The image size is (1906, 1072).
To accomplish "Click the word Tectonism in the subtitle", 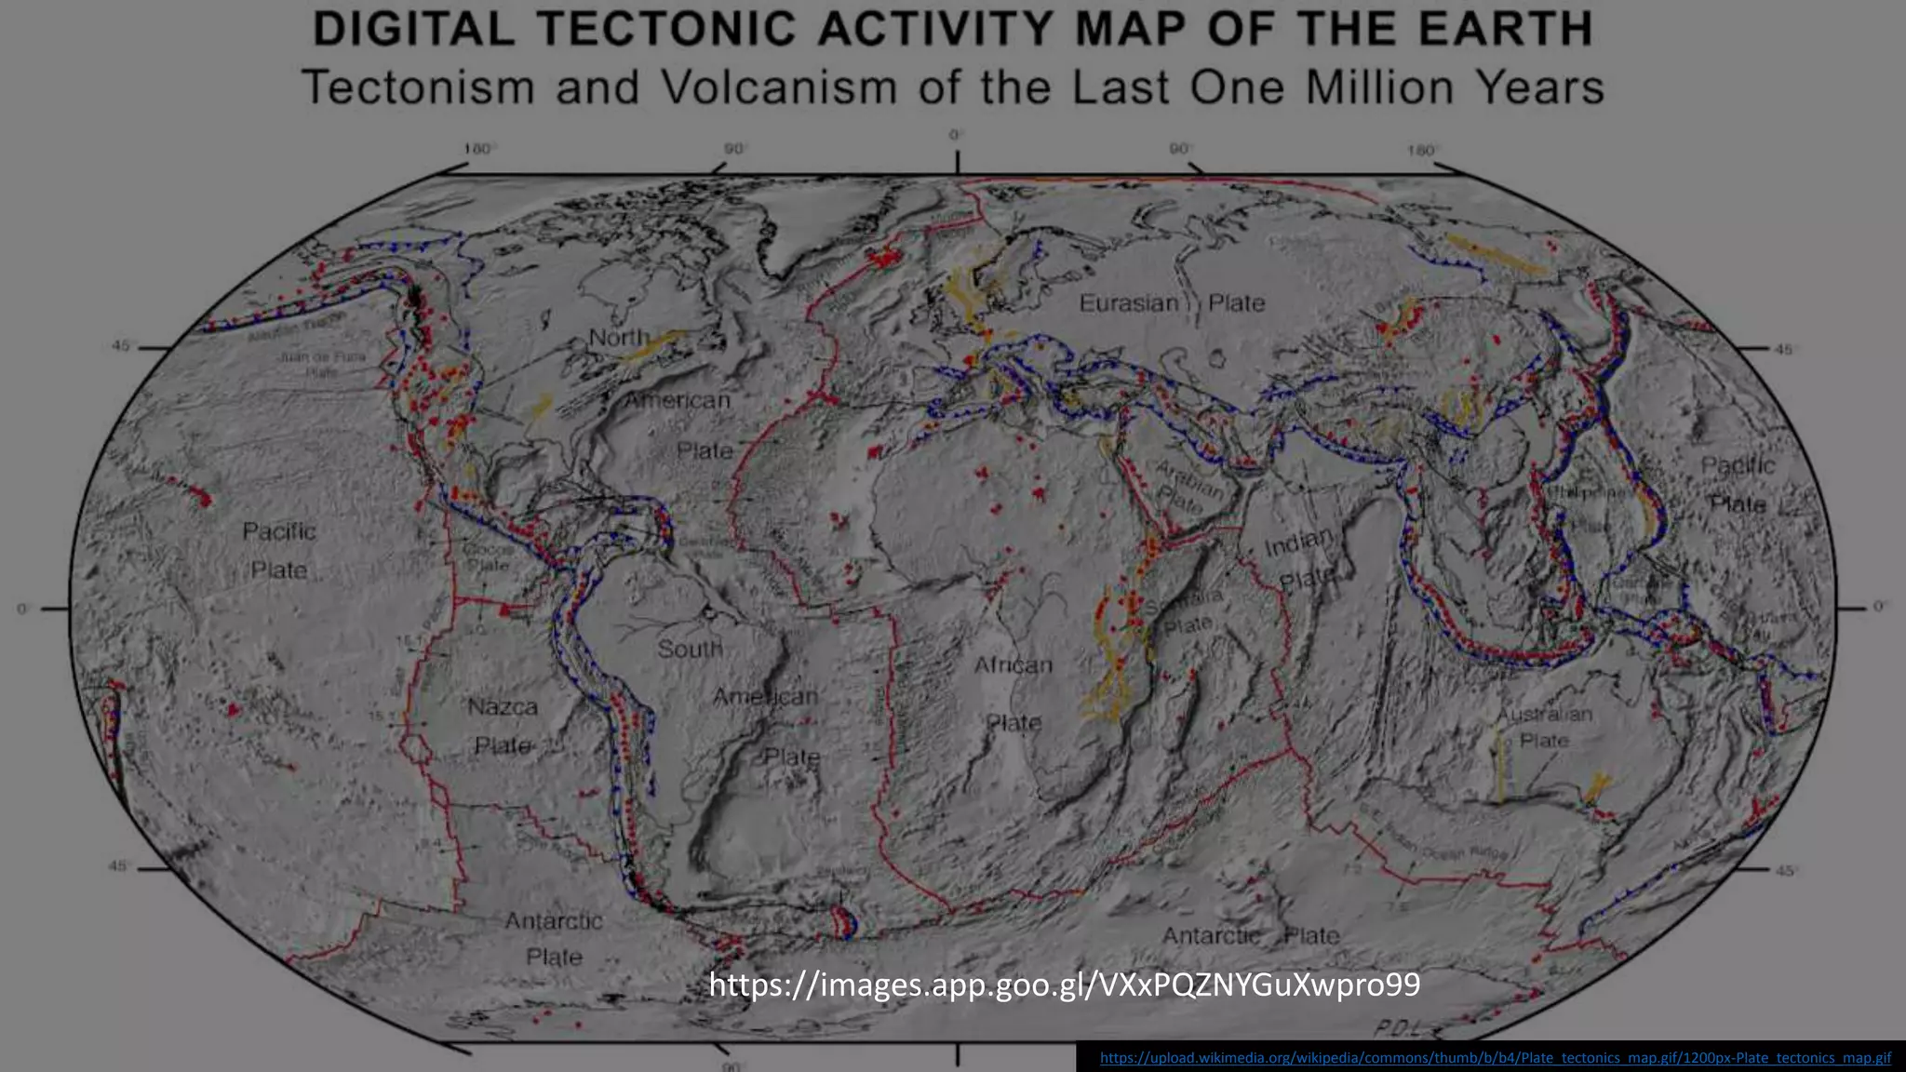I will point(419,87).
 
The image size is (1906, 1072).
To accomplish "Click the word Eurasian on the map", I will point(1129,303).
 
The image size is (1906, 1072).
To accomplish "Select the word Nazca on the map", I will point(503,707).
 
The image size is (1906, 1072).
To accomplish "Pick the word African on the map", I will point(1013,665).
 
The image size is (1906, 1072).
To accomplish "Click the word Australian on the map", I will point(1545,715).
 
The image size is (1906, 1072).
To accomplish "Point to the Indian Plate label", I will point(1300,558).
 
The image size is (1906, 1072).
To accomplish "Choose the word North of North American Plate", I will point(619,337).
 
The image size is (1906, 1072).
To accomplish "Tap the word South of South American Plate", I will point(690,649).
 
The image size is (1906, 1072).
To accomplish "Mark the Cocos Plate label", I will point(487,556).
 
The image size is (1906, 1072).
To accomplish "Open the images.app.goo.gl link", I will point(1065,985).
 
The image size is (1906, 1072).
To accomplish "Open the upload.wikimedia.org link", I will point(1495,1058).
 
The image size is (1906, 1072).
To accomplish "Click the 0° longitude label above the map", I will point(956,136).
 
